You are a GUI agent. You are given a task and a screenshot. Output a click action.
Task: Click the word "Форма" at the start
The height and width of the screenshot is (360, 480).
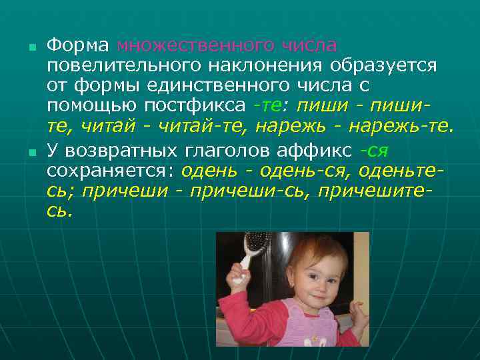(77, 46)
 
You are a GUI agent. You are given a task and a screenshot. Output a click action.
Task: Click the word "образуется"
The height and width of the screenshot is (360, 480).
(381, 67)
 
